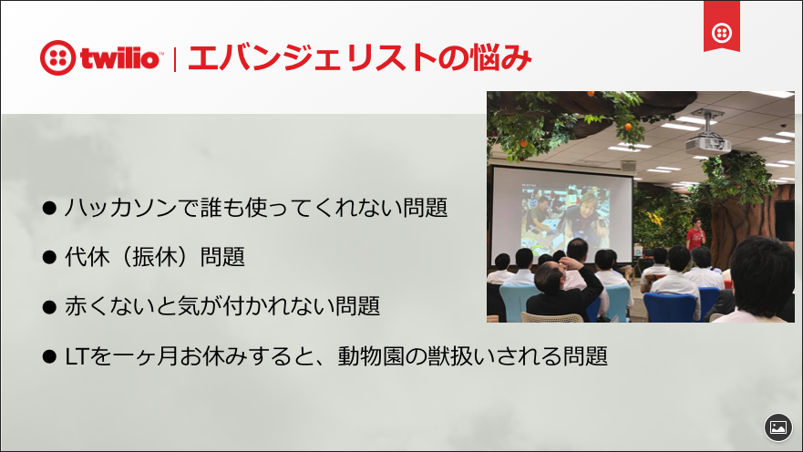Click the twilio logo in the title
click(100, 58)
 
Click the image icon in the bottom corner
click(777, 426)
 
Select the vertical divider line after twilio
click(174, 58)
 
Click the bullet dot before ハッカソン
click(50, 208)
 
